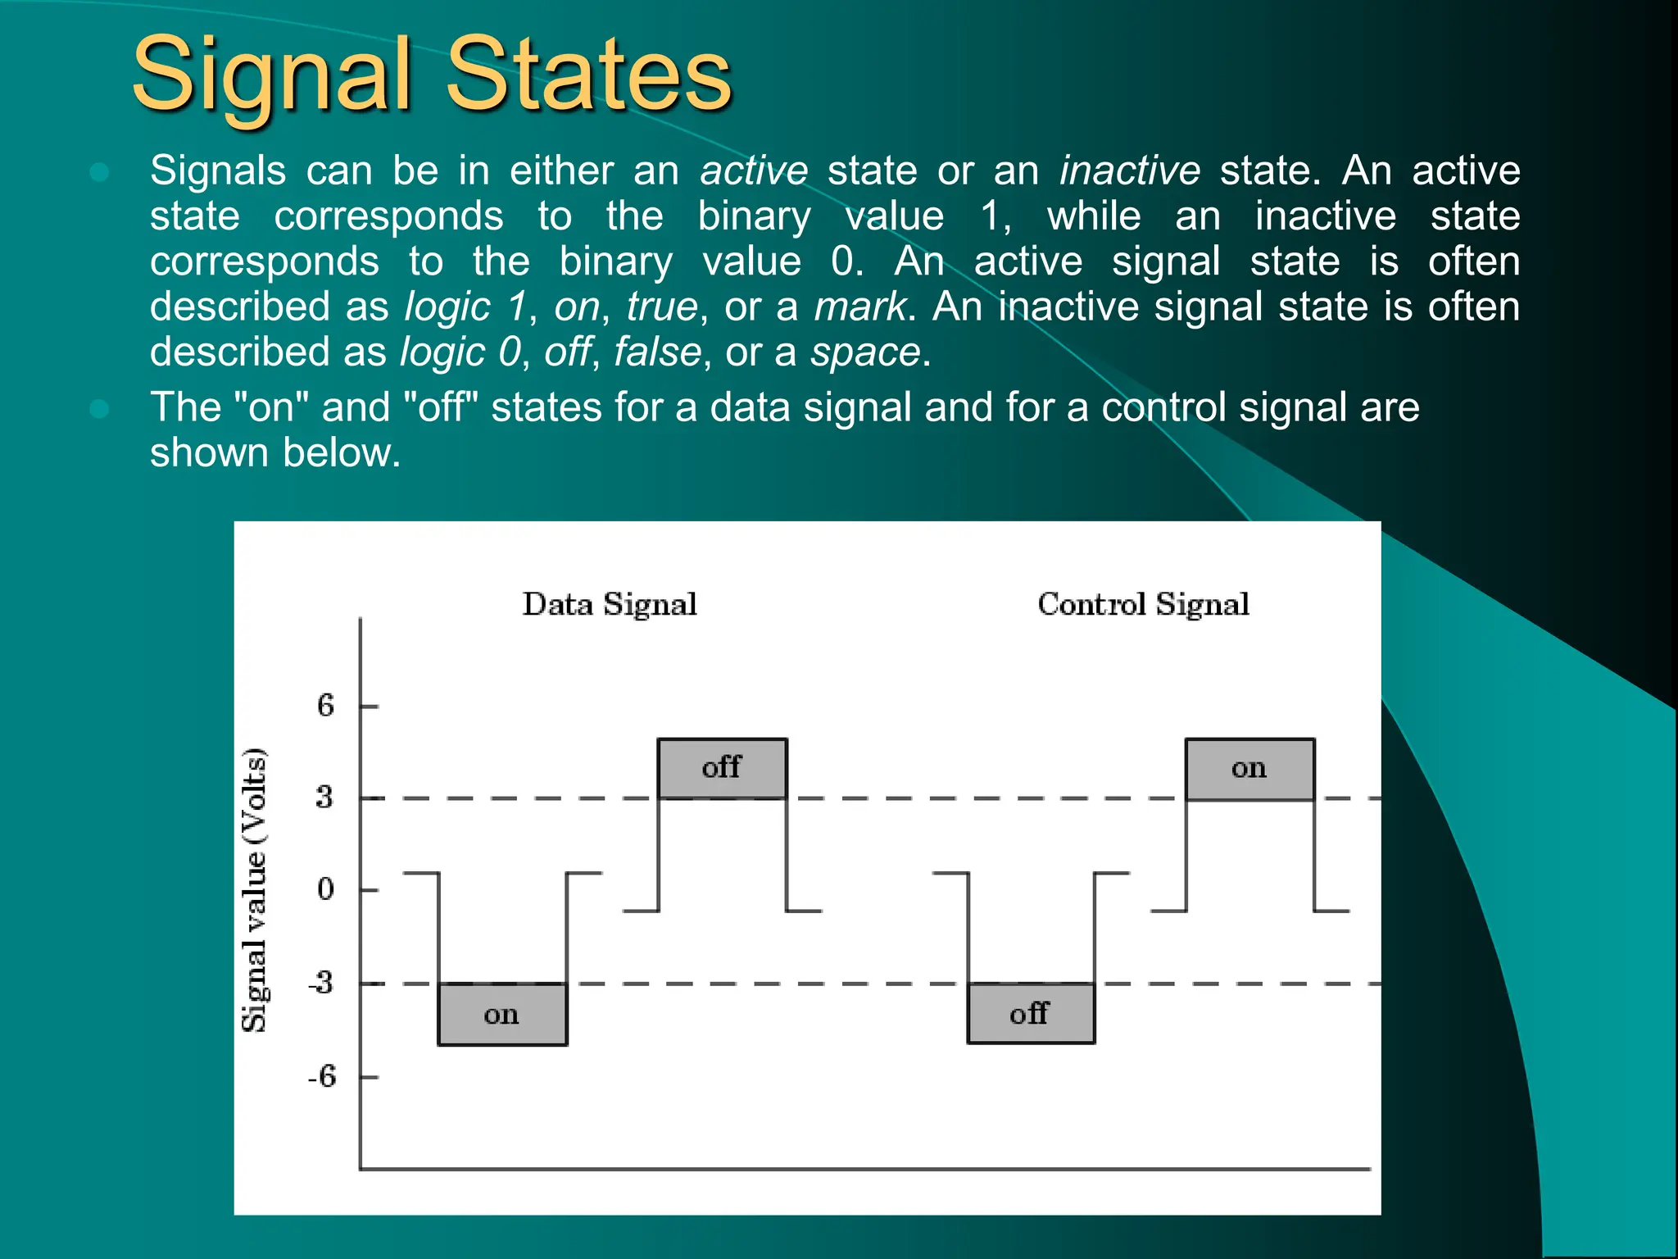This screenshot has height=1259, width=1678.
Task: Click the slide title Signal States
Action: [x=432, y=75]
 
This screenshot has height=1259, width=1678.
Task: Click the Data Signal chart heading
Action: [x=610, y=605]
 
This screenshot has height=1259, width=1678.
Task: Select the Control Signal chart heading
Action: [x=1143, y=605]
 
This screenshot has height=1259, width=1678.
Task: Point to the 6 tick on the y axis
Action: [x=326, y=706]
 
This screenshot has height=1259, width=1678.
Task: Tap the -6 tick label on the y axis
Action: [x=323, y=1076]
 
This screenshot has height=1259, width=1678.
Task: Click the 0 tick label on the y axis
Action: [x=326, y=889]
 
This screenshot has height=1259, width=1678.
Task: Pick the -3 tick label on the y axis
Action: [x=322, y=982]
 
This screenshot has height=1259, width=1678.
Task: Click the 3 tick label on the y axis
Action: [x=325, y=797]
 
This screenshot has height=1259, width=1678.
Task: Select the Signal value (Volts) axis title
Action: [x=255, y=890]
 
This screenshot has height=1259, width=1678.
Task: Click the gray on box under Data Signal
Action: [x=502, y=1014]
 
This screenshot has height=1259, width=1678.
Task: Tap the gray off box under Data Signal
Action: [x=722, y=768]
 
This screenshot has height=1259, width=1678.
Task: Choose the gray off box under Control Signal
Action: [x=1030, y=1013]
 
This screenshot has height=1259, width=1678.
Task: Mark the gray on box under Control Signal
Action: [x=1249, y=768]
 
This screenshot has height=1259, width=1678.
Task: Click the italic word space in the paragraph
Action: [x=865, y=353]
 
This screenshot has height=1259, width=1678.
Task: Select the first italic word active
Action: [x=754, y=171]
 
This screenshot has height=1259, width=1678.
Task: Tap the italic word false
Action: [x=658, y=353]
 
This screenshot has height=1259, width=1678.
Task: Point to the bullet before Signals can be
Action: [x=100, y=171]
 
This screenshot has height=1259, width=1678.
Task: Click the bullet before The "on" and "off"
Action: [x=100, y=408]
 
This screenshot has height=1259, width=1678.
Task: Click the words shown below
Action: [x=275, y=453]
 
